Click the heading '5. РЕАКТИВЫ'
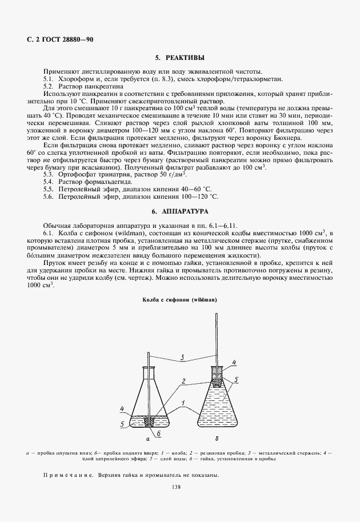pyautogui.click(x=179, y=58)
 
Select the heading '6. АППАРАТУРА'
pyautogui.click(x=179, y=211)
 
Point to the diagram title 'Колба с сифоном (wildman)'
pyautogui.click(x=179, y=299)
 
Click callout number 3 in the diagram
pyautogui.click(x=181, y=358)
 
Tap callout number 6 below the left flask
pyautogui.click(x=158, y=433)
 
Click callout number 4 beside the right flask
pyautogui.click(x=234, y=362)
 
